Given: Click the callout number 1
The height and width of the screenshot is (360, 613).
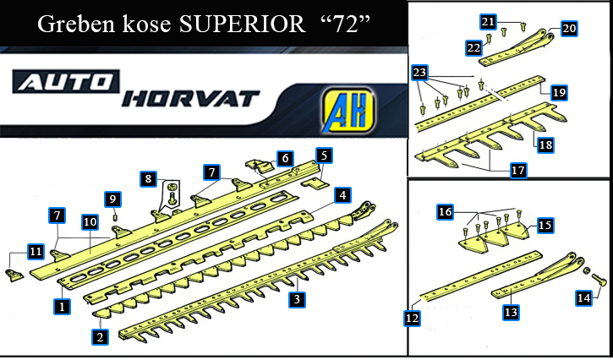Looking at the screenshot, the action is [62, 307].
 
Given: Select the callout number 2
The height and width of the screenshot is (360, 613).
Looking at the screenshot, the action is [100, 336].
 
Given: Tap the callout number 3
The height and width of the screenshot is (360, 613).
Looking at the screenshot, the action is [297, 299].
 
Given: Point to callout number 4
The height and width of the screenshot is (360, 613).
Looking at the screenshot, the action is [342, 195].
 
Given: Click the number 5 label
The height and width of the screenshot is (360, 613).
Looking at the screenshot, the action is [324, 155].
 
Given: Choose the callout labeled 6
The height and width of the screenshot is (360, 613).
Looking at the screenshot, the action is [286, 158].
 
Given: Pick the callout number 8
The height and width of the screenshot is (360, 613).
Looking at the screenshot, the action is [148, 179].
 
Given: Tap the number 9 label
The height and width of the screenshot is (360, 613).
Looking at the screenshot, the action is [112, 199].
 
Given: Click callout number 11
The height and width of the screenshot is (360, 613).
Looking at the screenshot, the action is [36, 251].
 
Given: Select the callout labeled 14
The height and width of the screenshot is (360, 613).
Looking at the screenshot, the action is [584, 298].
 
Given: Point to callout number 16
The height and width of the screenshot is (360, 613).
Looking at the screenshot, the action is [446, 212].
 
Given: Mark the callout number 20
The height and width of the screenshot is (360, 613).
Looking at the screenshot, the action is [569, 29].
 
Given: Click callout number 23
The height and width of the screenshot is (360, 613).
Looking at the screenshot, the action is [420, 73].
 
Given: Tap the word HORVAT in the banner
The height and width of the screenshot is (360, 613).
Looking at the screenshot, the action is [190, 99].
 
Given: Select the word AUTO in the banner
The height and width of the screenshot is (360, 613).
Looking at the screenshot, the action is [66, 82].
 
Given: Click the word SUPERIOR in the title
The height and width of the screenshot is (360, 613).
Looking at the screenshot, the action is [242, 25].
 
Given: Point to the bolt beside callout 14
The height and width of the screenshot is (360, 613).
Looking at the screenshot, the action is [599, 280].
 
